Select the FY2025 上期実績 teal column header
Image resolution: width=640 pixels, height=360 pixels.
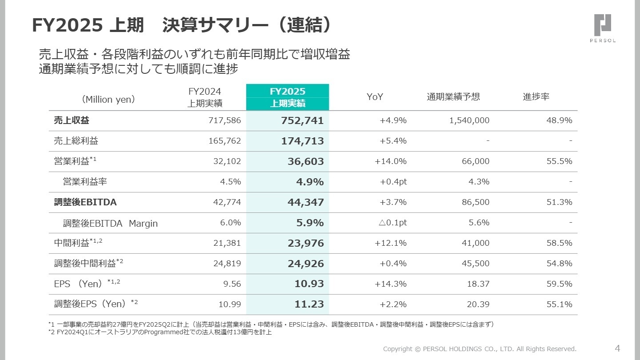click(288, 97)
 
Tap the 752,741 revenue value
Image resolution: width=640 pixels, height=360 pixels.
click(302, 120)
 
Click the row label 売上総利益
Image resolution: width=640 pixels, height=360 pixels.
click(76, 141)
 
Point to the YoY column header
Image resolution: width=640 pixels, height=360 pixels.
click(375, 97)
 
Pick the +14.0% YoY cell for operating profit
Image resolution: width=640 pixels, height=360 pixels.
click(391, 161)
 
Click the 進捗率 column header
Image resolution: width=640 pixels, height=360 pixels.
click(536, 97)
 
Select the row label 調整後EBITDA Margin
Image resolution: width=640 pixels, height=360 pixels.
click(110, 223)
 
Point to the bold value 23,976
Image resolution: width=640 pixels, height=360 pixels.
click(305, 243)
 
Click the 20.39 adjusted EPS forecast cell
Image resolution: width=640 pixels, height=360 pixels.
click(478, 304)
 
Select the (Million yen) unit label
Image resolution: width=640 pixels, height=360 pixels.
click(108, 100)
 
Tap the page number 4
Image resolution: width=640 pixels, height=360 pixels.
click(617, 348)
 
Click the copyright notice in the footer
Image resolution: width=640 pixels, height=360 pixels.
click(480, 349)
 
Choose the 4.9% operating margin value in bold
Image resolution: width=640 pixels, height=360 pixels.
click(310, 182)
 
